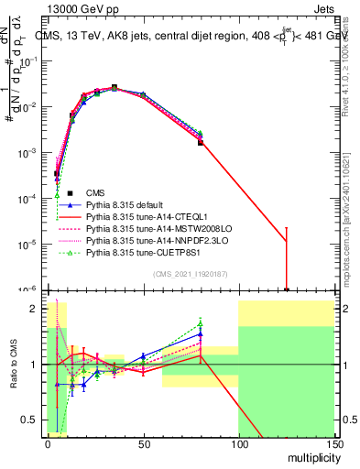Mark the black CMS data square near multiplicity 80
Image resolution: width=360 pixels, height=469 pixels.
(201, 142)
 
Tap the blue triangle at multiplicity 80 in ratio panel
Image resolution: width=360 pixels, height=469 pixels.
(201, 335)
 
